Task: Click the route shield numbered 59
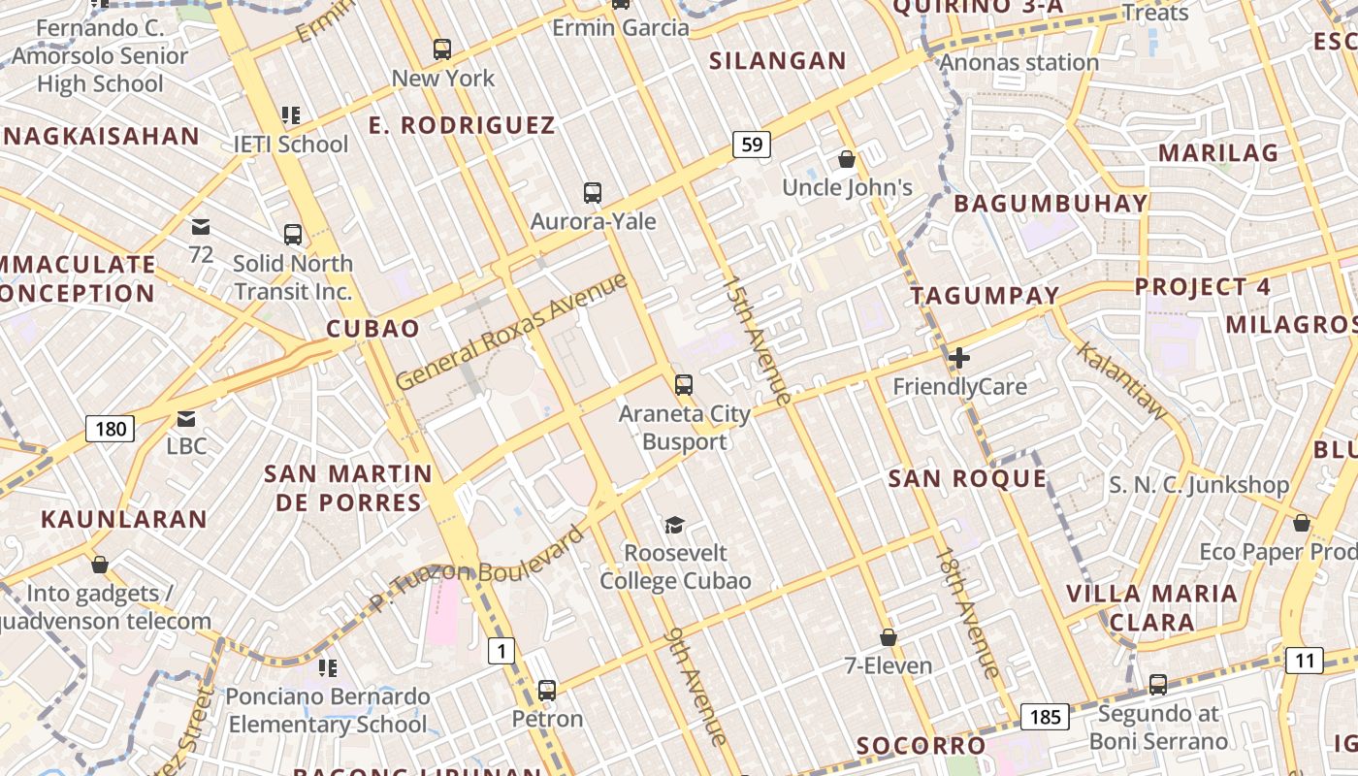point(751,145)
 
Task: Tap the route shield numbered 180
point(110,428)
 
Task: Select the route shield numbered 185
point(1045,718)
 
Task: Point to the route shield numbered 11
point(1305,662)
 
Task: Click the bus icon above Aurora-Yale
point(593,193)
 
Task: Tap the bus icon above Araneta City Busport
point(684,385)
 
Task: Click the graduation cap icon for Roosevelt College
point(674,525)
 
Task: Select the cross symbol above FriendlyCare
point(959,358)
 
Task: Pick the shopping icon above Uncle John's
point(847,158)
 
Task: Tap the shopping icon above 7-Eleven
point(888,637)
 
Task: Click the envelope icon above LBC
point(186,418)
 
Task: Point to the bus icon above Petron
point(547,691)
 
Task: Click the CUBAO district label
point(372,329)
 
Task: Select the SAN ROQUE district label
point(967,478)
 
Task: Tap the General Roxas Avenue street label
point(511,332)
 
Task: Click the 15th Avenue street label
point(757,339)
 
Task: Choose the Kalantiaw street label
point(1122,381)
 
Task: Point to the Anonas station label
point(1018,63)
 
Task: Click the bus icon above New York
point(442,48)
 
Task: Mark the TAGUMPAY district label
point(985,296)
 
